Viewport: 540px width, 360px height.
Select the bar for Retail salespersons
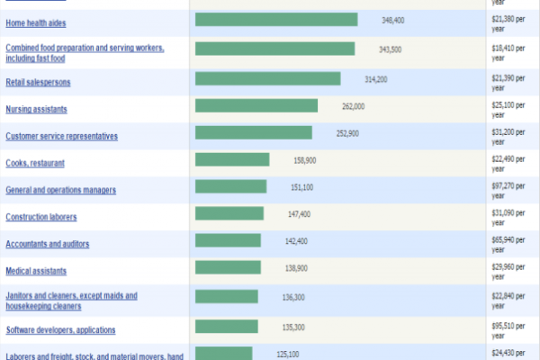(x=267, y=79)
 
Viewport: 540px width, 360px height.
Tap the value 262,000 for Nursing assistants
(x=354, y=106)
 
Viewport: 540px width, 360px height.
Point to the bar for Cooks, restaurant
(x=232, y=160)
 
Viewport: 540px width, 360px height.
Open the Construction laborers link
(x=41, y=217)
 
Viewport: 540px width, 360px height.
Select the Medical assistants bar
(x=228, y=268)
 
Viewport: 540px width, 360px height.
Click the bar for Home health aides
(x=276, y=20)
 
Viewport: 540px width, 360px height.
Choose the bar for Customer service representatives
(x=254, y=133)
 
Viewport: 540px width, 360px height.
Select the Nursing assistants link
(x=36, y=109)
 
